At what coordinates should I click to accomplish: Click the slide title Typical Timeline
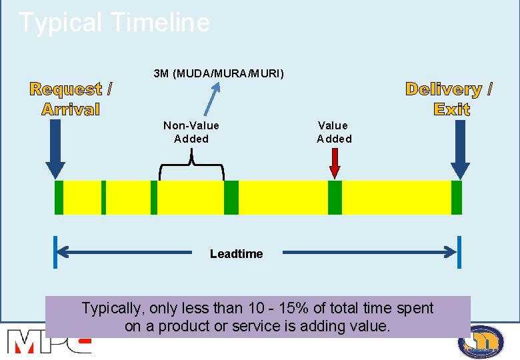click(x=114, y=23)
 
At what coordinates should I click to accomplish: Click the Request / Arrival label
click(x=71, y=99)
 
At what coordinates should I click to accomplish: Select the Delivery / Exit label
click(x=449, y=99)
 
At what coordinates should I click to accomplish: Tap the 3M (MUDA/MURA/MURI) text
click(x=219, y=73)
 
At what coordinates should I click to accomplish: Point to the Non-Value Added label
click(x=191, y=132)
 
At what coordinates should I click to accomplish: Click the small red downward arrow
click(x=335, y=163)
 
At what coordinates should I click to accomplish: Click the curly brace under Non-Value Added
click(x=192, y=164)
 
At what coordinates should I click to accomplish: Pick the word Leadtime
click(x=236, y=253)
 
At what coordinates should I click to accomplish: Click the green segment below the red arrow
click(x=335, y=197)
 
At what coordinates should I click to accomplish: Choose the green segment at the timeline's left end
click(x=59, y=197)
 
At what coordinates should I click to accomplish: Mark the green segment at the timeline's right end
click(x=457, y=197)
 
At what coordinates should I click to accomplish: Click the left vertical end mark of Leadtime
click(x=56, y=252)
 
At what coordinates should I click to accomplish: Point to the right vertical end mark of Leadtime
click(x=459, y=252)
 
